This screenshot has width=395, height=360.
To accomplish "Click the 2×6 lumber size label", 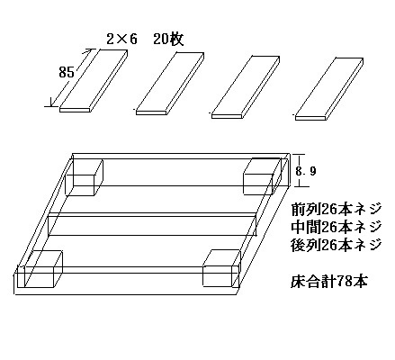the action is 121,39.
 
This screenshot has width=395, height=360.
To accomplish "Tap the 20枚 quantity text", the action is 168,39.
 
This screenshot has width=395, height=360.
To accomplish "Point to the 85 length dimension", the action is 67,72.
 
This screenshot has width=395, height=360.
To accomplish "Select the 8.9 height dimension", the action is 306,171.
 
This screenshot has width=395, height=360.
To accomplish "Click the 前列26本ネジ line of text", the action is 336,209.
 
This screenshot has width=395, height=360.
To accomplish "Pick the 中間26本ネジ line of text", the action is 336,227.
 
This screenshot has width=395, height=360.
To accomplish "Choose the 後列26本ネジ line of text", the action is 336,245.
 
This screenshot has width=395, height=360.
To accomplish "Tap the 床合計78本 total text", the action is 329,282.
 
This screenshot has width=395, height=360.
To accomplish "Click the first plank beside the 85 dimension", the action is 94,81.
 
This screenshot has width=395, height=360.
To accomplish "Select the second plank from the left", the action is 170,84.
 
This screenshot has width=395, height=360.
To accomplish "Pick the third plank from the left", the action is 246,87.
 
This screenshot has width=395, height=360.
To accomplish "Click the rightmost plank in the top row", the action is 329,89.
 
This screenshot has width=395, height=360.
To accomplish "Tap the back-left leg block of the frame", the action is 85,177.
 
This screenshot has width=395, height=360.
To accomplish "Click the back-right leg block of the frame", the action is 262,176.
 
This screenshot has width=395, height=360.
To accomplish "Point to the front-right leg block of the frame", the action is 221,267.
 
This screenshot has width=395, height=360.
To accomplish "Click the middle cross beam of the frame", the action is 153,224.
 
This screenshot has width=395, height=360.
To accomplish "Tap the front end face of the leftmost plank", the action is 75,110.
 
